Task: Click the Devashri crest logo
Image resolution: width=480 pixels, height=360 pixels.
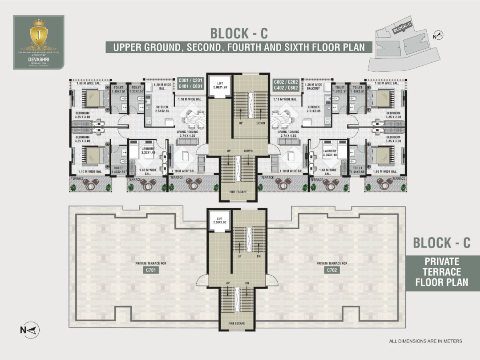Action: [x=39, y=36]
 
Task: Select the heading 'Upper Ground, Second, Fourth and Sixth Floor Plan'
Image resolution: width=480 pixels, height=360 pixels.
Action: [x=239, y=47]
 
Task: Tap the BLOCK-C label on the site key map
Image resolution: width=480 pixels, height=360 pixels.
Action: [x=402, y=29]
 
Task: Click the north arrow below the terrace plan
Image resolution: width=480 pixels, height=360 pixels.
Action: [x=30, y=330]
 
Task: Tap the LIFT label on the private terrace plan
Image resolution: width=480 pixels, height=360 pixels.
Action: [x=220, y=220]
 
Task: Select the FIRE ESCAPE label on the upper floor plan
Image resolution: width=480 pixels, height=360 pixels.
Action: [x=238, y=192]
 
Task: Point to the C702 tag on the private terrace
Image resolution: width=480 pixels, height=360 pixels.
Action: [x=332, y=270]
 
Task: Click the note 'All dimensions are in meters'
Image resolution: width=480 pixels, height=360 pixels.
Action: [x=426, y=341]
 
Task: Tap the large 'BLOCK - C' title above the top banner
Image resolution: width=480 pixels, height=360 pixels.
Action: [x=239, y=32]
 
